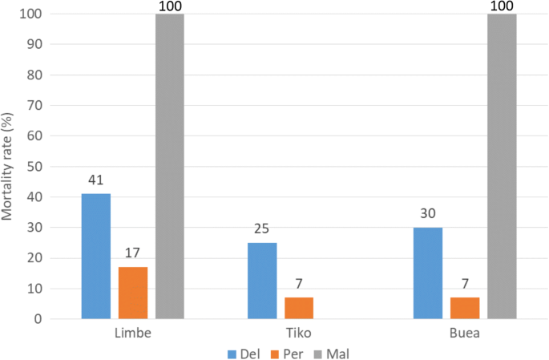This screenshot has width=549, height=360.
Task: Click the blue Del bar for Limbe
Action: click(x=96, y=256)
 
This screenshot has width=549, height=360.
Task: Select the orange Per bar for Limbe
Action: click(x=133, y=293)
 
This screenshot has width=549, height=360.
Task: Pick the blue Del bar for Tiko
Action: click(x=262, y=281)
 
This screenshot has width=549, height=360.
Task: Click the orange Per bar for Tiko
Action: click(x=299, y=308)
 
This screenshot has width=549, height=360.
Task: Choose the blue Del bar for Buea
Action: click(x=428, y=273)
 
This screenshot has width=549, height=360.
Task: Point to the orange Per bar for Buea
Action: click(x=465, y=308)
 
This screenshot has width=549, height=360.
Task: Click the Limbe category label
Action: click(x=133, y=333)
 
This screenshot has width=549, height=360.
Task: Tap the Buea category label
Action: click(x=465, y=333)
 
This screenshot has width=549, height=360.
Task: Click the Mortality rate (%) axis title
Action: click(x=10, y=166)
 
